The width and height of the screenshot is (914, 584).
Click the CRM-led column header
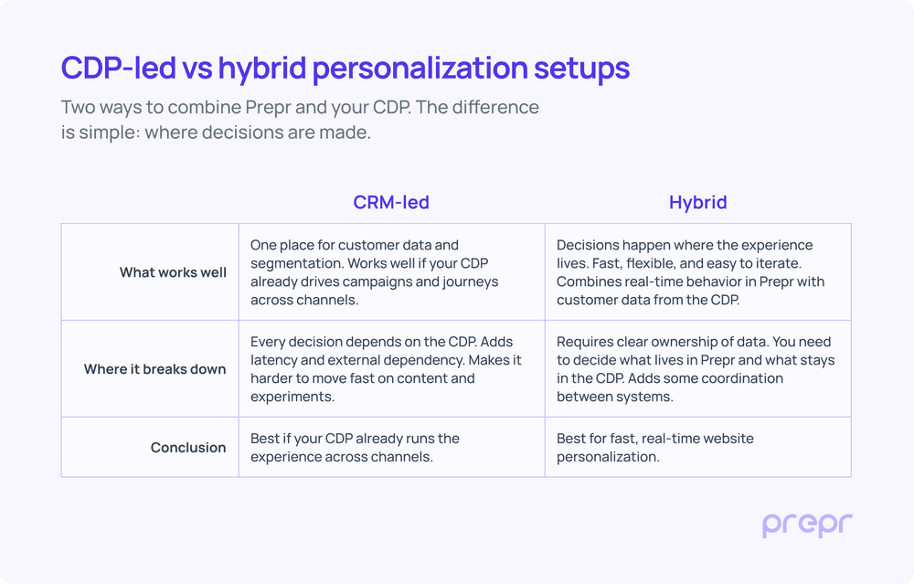391,202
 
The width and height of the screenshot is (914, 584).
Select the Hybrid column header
697,203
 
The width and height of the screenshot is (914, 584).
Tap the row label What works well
173,272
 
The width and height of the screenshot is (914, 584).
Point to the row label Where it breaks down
155,369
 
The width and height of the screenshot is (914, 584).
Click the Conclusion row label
188,447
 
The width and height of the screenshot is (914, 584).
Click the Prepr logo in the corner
807,526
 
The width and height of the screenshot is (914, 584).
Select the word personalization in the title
420,69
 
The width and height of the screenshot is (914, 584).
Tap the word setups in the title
581,69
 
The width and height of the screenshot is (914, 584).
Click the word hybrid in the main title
262,69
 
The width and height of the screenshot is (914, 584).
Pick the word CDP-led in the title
118,68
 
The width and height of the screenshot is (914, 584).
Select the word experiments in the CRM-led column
292,397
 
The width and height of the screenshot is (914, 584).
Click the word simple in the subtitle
107,133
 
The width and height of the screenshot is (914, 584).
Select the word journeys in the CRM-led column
471,282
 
